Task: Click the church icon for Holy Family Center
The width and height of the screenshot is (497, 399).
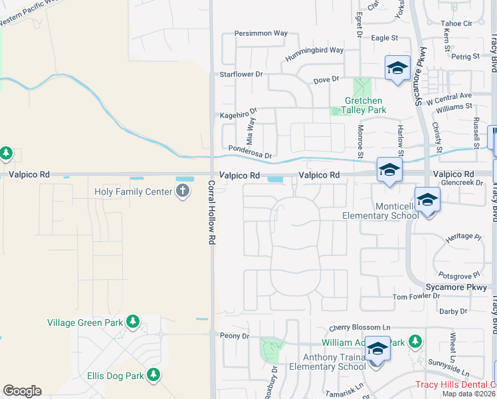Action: click(x=183, y=192)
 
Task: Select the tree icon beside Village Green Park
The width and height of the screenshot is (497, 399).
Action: click(x=133, y=323)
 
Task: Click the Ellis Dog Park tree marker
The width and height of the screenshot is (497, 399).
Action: click(x=153, y=376)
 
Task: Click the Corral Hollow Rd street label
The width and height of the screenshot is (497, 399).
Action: click(x=212, y=211)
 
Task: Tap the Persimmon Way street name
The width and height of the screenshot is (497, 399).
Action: click(x=261, y=33)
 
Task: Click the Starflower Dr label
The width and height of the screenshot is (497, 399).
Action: click(x=241, y=74)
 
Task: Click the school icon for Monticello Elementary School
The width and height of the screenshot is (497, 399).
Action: click(x=427, y=199)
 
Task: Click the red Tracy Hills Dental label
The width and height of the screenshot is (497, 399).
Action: click(x=455, y=384)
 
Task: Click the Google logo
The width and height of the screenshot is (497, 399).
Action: click(x=22, y=391)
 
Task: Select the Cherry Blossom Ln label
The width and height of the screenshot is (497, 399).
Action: click(x=359, y=328)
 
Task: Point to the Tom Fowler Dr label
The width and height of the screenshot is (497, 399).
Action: click(x=417, y=297)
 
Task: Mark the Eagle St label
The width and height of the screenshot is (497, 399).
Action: click(x=385, y=39)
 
